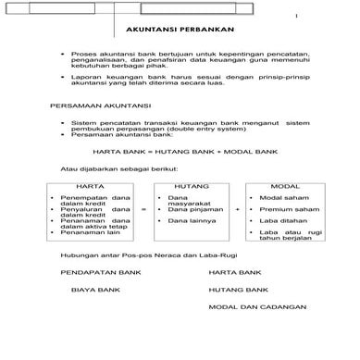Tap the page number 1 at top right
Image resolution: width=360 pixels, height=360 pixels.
click(322, 18)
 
